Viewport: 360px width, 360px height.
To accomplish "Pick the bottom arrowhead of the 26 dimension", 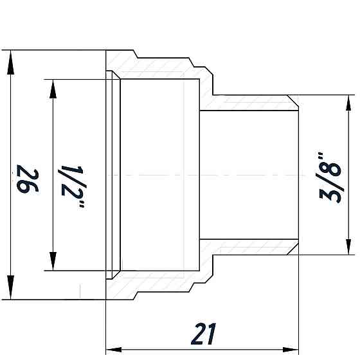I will click(11, 292).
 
